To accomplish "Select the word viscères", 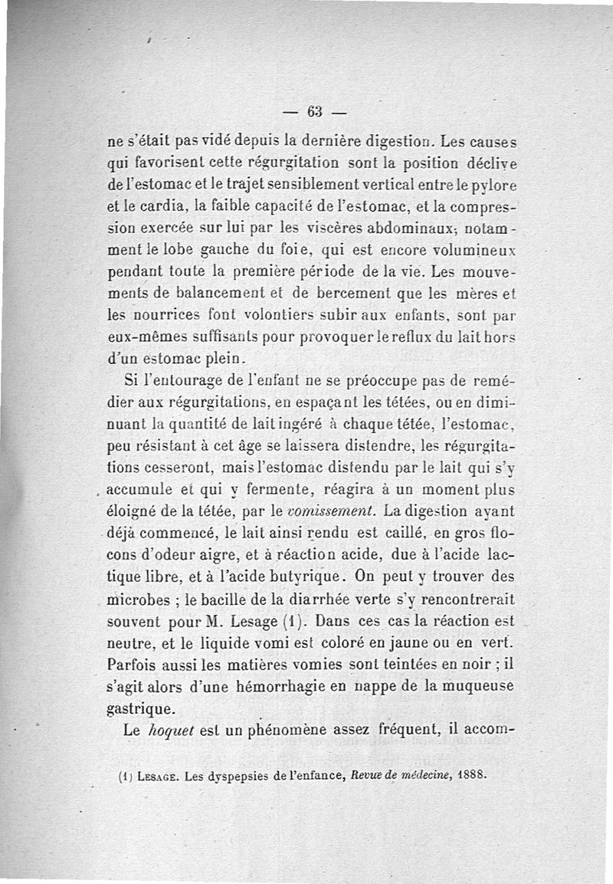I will click(x=324, y=229).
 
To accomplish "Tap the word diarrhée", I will click(x=344, y=594).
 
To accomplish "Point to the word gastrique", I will click(x=140, y=703).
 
